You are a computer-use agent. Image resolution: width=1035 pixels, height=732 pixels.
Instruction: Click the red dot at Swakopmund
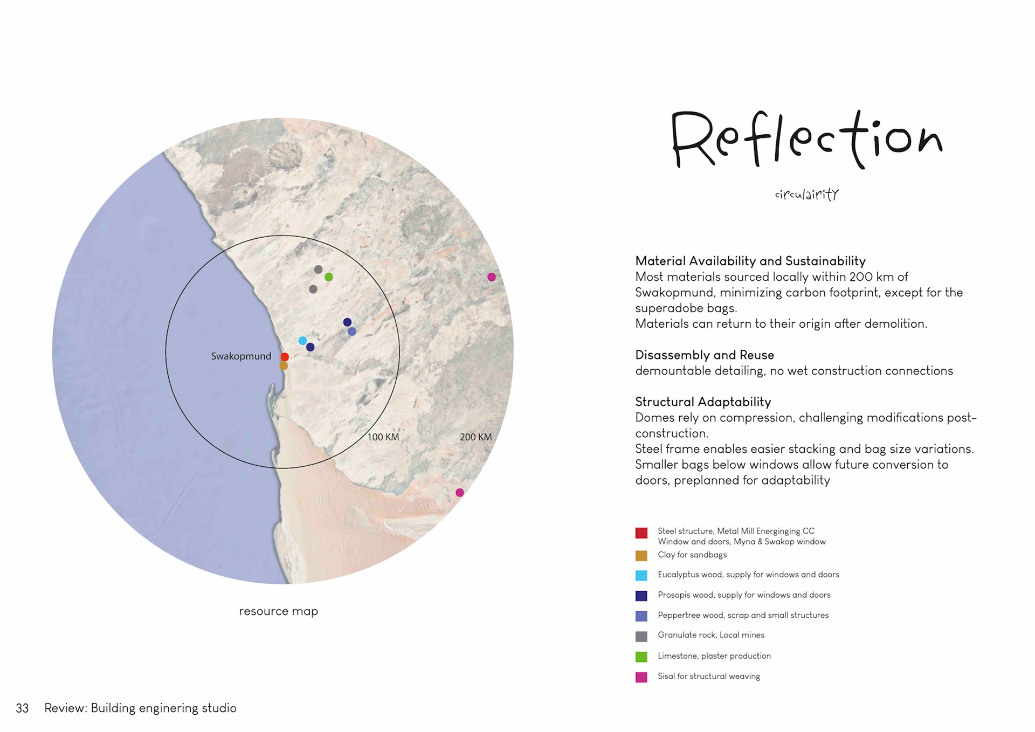(x=285, y=357)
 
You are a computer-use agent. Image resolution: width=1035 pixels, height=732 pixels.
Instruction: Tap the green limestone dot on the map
(x=329, y=277)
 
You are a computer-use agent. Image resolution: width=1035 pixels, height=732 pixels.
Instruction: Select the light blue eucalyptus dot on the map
(x=302, y=341)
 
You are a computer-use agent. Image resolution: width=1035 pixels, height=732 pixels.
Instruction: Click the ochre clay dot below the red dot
(x=284, y=366)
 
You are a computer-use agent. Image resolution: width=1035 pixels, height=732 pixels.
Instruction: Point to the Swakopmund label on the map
(x=241, y=356)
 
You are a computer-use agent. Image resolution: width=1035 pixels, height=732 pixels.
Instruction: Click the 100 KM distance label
(x=383, y=437)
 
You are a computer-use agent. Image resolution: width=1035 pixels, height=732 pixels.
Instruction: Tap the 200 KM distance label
(x=475, y=437)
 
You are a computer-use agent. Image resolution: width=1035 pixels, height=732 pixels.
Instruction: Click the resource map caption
(x=278, y=611)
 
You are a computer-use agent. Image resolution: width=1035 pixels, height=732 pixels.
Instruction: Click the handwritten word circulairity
(x=806, y=195)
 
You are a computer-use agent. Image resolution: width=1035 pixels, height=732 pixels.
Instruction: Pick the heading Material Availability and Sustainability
(x=750, y=261)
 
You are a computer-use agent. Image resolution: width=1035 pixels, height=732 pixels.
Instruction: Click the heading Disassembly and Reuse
(x=704, y=355)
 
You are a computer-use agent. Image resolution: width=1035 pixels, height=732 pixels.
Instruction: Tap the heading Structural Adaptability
(x=702, y=402)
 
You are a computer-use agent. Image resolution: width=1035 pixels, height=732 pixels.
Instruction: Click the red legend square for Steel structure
(x=641, y=533)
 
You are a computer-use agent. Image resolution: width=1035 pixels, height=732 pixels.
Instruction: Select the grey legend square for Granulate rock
(x=641, y=637)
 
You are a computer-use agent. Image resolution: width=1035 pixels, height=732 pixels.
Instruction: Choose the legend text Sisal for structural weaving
(x=708, y=676)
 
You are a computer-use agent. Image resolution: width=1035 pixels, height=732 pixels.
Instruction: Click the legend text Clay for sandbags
(x=692, y=555)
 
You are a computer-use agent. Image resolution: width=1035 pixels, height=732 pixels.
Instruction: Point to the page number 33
(x=22, y=708)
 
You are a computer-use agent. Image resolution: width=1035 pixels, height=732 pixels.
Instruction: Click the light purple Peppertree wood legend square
(x=641, y=616)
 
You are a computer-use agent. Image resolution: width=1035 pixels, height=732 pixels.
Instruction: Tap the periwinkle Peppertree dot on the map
(x=352, y=332)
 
